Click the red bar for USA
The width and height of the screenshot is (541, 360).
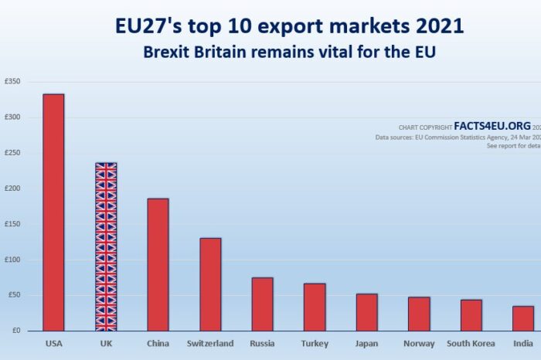coord(53,212)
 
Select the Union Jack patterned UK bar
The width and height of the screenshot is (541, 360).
coord(106,246)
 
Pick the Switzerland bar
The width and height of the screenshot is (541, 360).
coord(210,284)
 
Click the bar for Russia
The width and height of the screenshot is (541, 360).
coord(262,304)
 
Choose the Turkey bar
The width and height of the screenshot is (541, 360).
coord(315,307)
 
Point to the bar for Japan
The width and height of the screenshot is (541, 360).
coord(366,312)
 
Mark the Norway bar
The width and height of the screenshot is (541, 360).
coord(419,314)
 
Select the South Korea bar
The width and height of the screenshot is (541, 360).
coord(471,315)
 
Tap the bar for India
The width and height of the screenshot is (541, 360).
coord(523,318)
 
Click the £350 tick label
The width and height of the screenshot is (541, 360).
coord(12,82)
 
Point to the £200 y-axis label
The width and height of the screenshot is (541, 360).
coord(12,188)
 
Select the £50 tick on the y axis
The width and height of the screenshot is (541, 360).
coord(14,295)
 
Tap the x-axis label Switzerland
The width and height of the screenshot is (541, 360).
coord(210,343)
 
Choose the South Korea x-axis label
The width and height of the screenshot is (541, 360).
coord(471,343)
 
